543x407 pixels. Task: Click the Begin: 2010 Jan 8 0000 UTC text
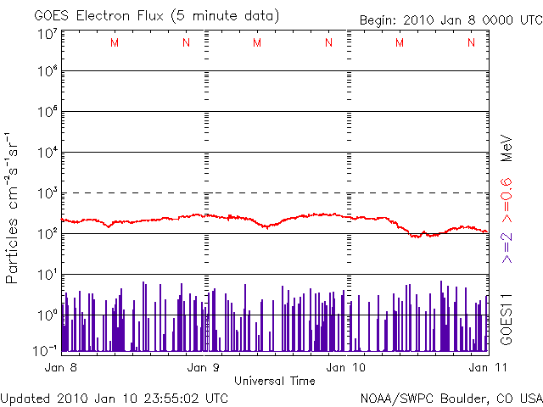[449, 20]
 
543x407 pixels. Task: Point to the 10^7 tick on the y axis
[46, 35]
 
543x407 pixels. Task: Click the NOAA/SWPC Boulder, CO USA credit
[451, 397]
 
